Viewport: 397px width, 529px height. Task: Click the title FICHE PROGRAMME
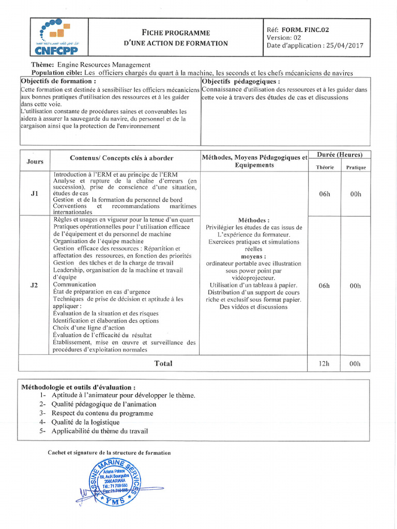click(x=176, y=33)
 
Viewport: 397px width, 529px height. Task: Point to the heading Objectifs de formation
click(x=58, y=82)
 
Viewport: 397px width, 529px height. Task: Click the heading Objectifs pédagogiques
click(x=241, y=82)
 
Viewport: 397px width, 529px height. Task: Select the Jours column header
click(x=35, y=162)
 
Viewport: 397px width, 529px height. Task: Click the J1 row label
click(x=35, y=194)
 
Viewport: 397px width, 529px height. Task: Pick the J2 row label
click(x=35, y=285)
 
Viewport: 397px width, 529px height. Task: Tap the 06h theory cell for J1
click(x=324, y=194)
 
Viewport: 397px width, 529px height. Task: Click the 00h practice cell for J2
click(x=355, y=285)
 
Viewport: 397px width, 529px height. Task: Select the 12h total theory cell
click(x=324, y=364)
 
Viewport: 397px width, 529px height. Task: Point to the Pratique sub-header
click(x=356, y=167)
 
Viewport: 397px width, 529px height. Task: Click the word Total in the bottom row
click(x=163, y=364)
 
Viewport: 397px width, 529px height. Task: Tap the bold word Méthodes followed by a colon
click(x=253, y=220)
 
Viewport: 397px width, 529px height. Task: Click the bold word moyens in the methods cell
click(x=253, y=256)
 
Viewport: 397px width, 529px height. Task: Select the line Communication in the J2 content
click(x=74, y=285)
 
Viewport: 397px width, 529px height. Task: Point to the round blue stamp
click(x=109, y=484)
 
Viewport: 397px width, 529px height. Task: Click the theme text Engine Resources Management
click(x=104, y=65)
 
